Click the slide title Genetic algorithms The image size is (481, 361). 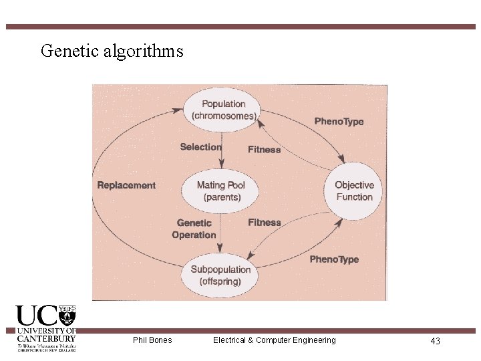(x=112, y=51)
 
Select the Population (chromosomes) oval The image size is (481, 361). (x=223, y=109)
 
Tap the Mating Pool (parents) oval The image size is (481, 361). (x=220, y=191)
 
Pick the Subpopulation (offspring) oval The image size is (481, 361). (x=220, y=275)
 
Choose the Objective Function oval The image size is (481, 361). (x=354, y=191)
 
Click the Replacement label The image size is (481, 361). (x=126, y=185)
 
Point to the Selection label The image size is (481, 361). (x=200, y=147)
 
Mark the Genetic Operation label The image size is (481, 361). (x=194, y=229)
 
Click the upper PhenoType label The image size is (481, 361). (x=339, y=122)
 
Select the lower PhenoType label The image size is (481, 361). (x=334, y=259)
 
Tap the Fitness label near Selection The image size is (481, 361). (x=265, y=150)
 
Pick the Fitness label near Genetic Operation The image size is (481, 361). (x=265, y=223)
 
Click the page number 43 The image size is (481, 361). (x=435, y=341)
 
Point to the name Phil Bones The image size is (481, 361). (x=152, y=340)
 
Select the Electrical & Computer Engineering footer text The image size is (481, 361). (x=274, y=340)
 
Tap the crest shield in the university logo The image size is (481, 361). (x=67, y=314)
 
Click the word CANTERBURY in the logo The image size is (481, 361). (x=46, y=338)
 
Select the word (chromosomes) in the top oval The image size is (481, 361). (x=224, y=116)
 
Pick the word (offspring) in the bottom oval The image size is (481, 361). (x=220, y=281)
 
